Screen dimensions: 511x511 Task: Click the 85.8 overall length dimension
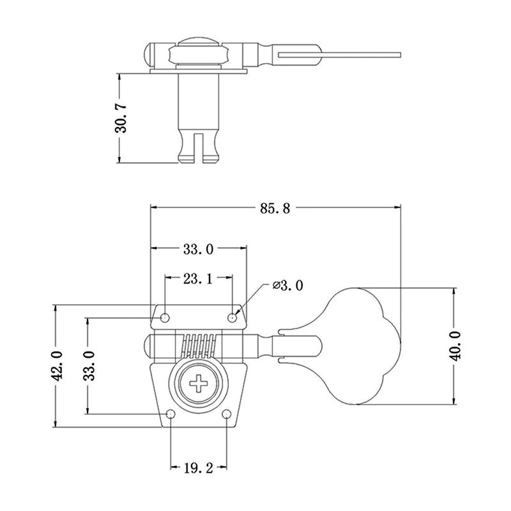(275, 208)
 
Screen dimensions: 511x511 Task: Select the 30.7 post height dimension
(121, 118)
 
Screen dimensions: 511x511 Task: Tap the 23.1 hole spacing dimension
(198, 279)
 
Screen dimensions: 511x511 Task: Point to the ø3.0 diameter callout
(288, 286)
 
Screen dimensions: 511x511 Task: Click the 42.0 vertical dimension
(57, 365)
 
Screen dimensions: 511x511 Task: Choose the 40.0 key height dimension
(455, 346)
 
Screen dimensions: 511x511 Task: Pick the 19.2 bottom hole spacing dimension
(199, 468)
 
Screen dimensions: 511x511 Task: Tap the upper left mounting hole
(165, 317)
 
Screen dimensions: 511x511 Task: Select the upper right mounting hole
(232, 317)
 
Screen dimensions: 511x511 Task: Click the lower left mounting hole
(171, 414)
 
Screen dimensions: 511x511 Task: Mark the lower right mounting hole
(227, 414)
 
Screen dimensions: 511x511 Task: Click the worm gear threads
(199, 347)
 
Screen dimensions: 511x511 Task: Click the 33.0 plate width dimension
(198, 249)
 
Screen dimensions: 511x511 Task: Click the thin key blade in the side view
(340, 54)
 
